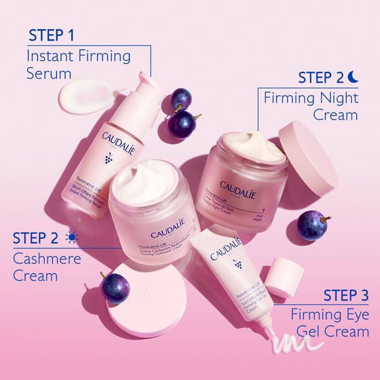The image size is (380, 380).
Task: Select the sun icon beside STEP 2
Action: pyautogui.click(x=71, y=238)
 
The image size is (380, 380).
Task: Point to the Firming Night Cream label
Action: pyautogui.click(x=310, y=106)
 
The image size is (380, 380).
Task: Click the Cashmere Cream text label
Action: pyautogui.click(x=45, y=267)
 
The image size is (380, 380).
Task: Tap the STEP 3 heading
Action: pyautogui.click(x=345, y=295)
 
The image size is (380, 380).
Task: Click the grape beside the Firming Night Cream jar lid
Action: pyautogui.click(x=312, y=225)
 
